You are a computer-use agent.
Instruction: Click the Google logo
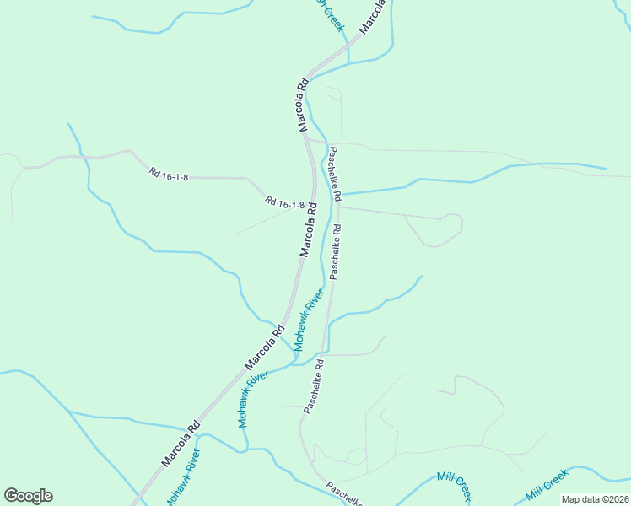(x=28, y=496)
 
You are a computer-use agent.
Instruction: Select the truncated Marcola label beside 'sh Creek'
(x=372, y=16)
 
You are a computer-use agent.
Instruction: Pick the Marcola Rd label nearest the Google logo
(x=180, y=444)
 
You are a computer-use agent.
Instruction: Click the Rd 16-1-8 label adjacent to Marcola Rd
(x=284, y=204)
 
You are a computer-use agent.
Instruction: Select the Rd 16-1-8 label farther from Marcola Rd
(x=169, y=175)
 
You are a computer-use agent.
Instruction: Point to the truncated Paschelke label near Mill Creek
(x=344, y=494)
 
